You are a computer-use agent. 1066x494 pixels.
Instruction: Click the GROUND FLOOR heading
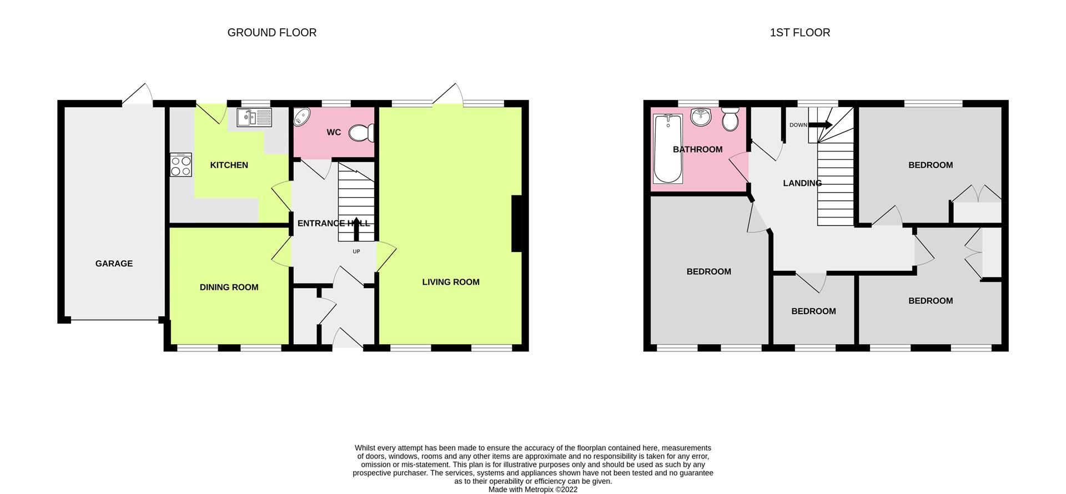(271, 33)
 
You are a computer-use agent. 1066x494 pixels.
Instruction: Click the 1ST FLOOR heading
(799, 33)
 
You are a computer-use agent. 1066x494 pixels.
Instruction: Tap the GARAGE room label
(114, 264)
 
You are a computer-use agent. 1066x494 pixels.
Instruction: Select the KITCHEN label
(229, 165)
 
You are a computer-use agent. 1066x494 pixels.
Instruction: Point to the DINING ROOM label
(229, 287)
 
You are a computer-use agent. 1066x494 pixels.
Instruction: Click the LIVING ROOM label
(450, 282)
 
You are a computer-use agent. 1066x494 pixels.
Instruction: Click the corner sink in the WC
(301, 117)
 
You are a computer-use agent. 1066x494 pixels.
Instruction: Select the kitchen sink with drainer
(254, 118)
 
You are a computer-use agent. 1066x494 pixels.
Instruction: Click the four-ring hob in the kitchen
(181, 165)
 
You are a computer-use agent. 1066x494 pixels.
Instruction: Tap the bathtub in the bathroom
(668, 148)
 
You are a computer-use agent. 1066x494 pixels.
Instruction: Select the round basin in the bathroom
(701, 117)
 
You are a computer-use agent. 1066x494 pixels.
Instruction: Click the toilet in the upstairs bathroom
(730, 118)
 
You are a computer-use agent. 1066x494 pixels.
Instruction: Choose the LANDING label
(802, 183)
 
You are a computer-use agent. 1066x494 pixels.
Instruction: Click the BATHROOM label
(697, 149)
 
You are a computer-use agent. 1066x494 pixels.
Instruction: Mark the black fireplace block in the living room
(516, 224)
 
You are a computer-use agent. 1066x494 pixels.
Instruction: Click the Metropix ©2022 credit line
(532, 490)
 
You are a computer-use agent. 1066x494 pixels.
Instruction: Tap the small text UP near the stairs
(356, 251)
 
